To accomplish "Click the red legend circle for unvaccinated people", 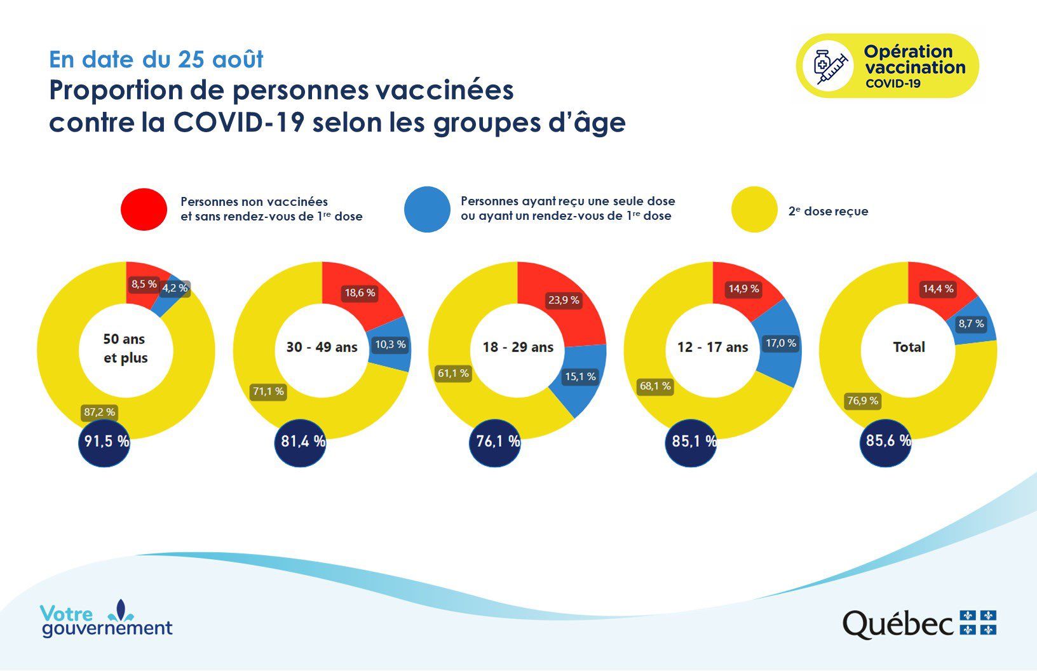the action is click(144, 209).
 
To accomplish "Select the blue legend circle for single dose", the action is click(427, 209).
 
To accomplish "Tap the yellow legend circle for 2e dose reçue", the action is click(754, 209).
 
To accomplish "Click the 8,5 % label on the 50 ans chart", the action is click(144, 284).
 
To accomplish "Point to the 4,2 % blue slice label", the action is click(175, 288).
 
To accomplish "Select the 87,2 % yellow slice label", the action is click(100, 412).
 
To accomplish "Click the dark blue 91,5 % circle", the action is click(105, 442).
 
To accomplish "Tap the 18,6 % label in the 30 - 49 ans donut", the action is click(360, 293).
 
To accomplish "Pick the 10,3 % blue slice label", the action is click(390, 344).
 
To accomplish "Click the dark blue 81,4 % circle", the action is click(301, 442).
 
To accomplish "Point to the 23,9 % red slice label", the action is click(564, 300).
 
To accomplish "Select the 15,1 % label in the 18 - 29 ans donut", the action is click(581, 376).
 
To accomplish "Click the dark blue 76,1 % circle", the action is click(496, 442).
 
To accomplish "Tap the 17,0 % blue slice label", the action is click(781, 343).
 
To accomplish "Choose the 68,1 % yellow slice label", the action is click(656, 386).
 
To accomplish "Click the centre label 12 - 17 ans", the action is click(713, 348).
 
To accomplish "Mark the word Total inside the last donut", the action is click(909, 348).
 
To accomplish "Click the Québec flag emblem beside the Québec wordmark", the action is click(978, 623).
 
